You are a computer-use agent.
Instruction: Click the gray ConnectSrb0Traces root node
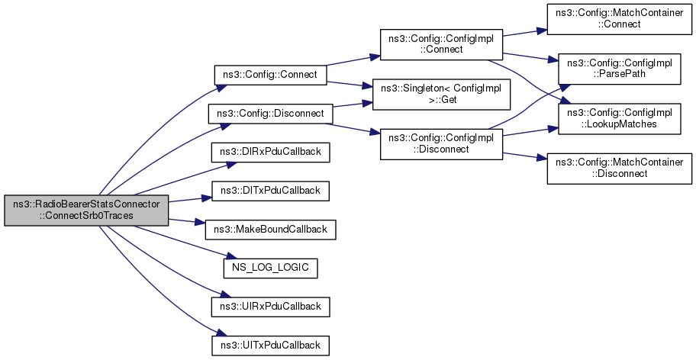tap(85, 210)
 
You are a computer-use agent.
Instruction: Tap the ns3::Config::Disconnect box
tap(271, 114)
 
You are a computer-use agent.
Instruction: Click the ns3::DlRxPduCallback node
tap(270, 152)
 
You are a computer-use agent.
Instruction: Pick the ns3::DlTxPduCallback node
tap(270, 190)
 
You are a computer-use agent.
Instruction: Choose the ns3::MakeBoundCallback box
tap(270, 229)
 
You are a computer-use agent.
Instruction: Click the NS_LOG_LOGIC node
tap(270, 268)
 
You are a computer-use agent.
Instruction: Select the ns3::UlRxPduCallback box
tap(270, 307)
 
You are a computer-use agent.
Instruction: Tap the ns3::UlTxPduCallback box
tap(270, 345)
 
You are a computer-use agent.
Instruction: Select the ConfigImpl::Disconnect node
tap(441, 144)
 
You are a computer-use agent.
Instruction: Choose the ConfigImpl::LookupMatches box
tap(617, 118)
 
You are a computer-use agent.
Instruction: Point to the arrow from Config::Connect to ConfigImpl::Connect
tap(347, 64)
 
